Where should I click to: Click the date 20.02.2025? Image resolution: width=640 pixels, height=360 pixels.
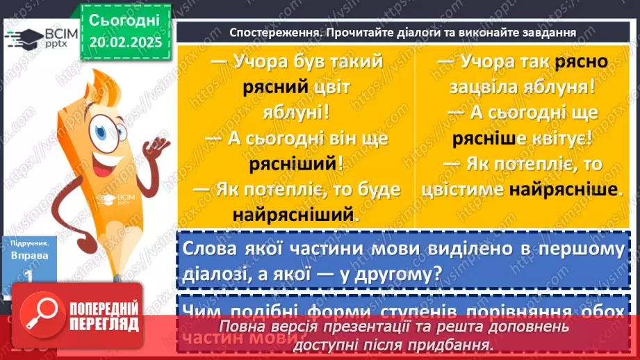(x=125, y=42)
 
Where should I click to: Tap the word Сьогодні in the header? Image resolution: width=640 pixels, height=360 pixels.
(x=125, y=20)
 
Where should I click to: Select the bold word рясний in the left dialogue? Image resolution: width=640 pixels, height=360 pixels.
(x=276, y=87)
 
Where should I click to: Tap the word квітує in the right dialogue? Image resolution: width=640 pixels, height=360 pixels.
(x=557, y=138)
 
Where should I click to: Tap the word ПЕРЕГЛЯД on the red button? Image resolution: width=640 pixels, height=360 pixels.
(x=104, y=325)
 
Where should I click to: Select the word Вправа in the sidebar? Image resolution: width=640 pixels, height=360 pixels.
(x=25, y=255)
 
